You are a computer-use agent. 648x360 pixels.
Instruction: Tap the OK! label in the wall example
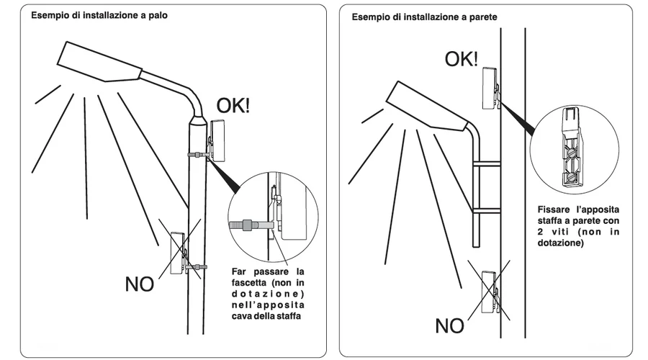pos(461,59)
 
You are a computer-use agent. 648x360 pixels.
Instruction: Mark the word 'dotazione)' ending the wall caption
pos(559,244)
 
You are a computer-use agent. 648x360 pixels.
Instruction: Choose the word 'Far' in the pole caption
pos(240,271)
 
